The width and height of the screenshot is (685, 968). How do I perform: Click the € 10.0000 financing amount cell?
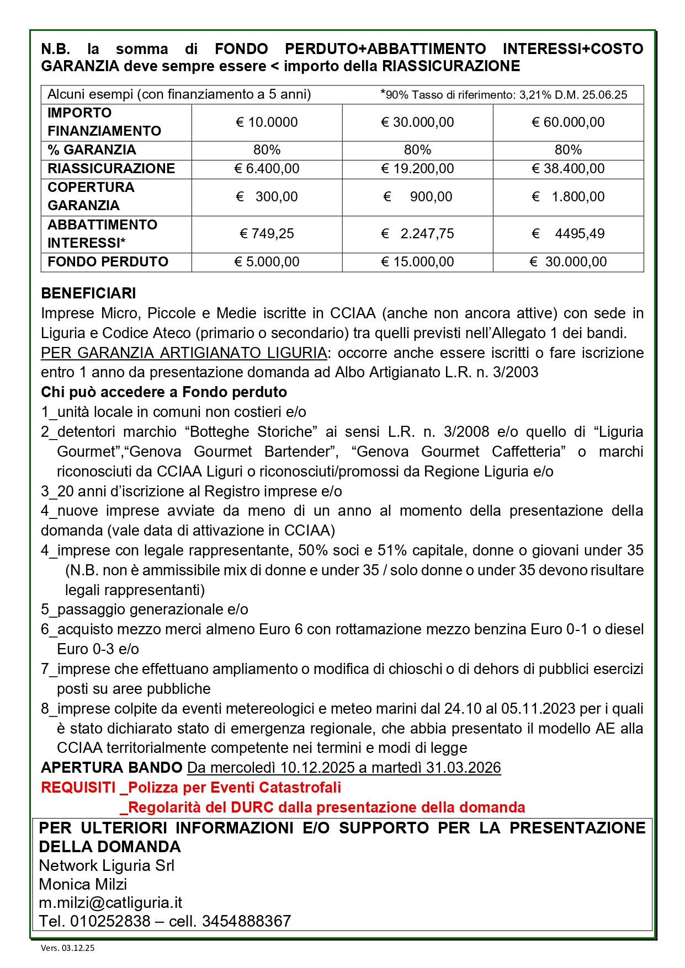267,122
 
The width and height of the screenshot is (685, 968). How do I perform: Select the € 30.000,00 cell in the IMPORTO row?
417,122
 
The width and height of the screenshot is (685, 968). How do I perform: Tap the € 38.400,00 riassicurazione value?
568,169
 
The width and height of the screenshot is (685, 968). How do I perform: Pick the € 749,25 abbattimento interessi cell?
267,234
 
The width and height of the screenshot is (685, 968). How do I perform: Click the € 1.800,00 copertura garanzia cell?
568,197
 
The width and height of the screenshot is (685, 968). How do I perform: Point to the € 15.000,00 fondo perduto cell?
417,262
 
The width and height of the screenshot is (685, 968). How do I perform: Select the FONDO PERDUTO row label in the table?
108,262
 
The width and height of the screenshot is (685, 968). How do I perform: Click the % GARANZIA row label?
92,150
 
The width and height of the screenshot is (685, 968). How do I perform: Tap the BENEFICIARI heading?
88,293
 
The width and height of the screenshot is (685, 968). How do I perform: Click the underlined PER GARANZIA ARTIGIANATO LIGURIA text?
184,353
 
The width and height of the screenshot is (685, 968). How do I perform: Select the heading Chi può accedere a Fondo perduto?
164,392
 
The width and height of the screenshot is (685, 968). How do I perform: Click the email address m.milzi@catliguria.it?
110,903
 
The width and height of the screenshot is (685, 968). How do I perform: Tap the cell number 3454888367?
246,921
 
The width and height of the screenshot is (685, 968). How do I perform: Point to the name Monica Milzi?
83,884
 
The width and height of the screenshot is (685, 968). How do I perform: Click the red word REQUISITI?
78,788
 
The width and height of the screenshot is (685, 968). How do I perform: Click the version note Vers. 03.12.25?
67,948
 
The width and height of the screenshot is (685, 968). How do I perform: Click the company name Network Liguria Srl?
107,865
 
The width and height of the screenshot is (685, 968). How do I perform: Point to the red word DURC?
252,807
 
